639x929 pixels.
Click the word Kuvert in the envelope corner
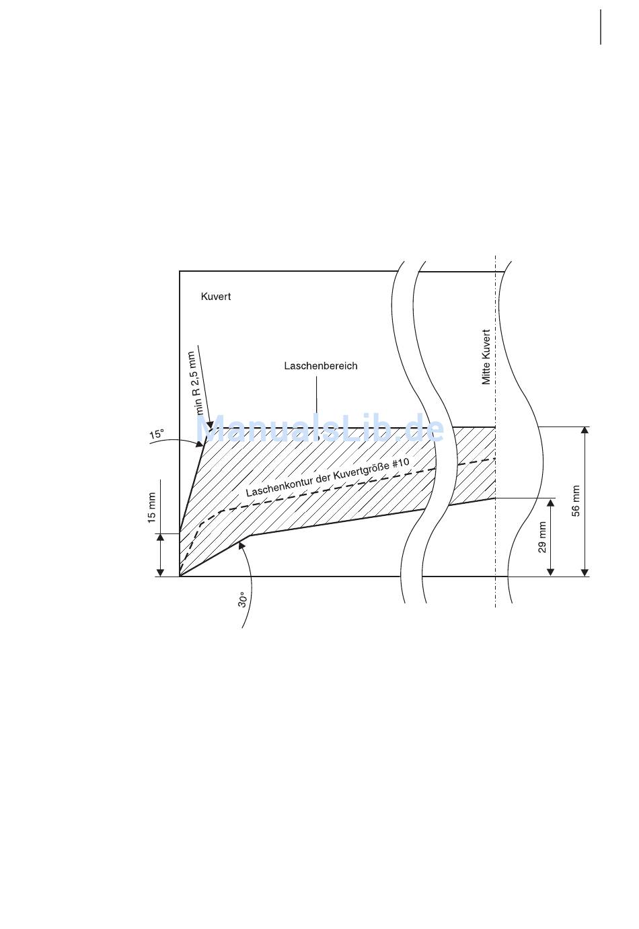pos(216,297)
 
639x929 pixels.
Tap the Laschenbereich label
pos(321,366)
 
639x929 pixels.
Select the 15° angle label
pos(157,434)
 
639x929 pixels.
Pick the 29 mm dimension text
pos(541,537)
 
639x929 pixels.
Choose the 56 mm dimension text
pos(576,500)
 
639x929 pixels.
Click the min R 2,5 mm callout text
pos(195,383)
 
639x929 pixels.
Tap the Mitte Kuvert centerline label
pos(486,357)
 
